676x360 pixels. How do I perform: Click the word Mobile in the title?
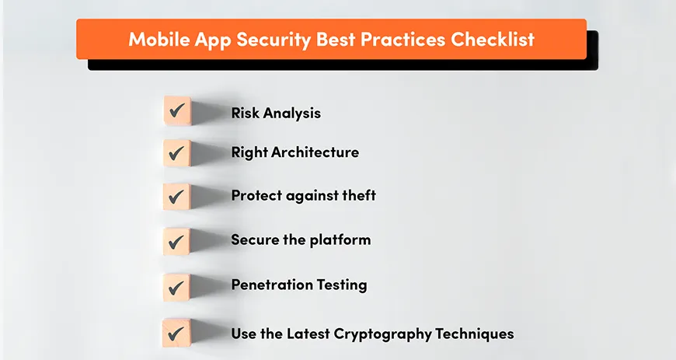click(157, 39)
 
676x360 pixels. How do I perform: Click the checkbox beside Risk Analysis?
click(177, 110)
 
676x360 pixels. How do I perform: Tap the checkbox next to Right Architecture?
click(177, 152)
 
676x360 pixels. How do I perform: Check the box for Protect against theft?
click(177, 197)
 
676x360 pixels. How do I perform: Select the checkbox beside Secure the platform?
click(177, 241)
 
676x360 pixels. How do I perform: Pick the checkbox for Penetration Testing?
click(177, 286)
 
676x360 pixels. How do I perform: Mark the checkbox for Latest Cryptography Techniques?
click(177, 334)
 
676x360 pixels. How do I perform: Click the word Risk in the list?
click(245, 113)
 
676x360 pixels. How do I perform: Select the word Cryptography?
click(377, 334)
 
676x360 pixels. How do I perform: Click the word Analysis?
click(291, 114)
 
